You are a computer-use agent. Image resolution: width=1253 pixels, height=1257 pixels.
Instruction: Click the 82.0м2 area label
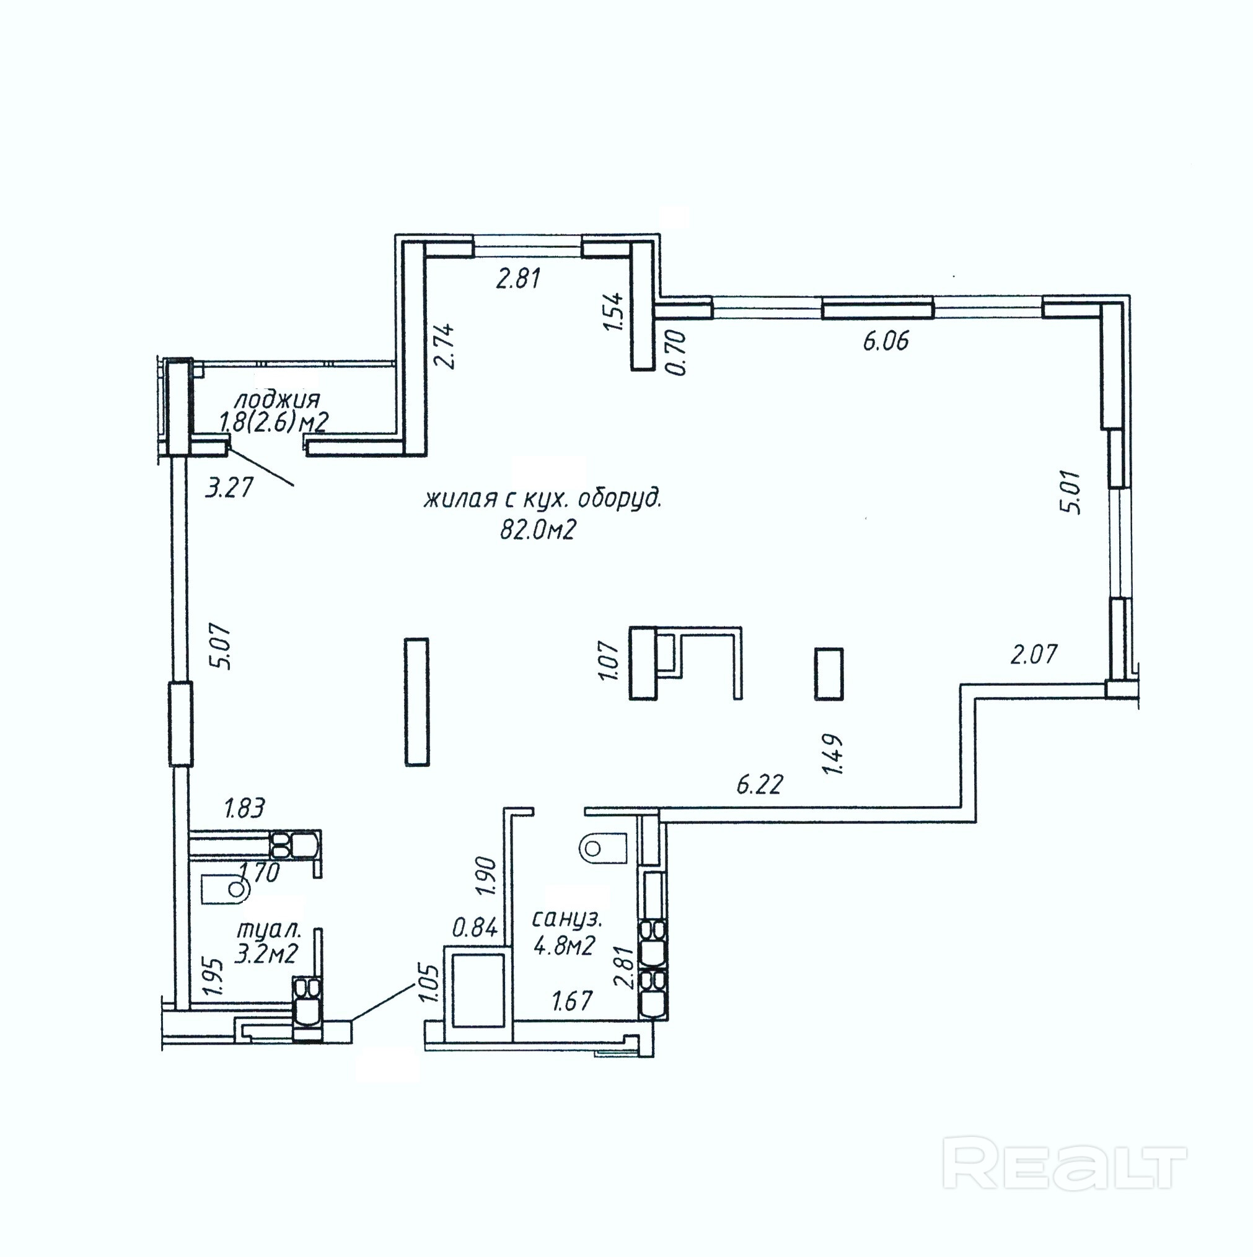coord(538,531)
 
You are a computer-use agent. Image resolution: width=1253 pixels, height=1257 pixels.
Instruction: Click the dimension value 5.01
coord(1071,492)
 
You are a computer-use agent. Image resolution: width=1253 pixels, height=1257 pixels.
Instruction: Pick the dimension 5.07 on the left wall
coord(220,647)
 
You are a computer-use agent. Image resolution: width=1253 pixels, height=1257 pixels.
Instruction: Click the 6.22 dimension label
coord(760,785)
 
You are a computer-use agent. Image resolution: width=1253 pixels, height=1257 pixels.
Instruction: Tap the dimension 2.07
coord(1034,654)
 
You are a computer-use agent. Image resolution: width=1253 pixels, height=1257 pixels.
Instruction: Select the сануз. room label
coord(568,919)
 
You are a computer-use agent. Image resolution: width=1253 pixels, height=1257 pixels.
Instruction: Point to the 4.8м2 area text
coord(565,945)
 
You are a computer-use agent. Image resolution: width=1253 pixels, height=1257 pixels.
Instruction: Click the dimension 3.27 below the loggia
coord(229,488)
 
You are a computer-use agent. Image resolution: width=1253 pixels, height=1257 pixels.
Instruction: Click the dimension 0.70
coord(676,352)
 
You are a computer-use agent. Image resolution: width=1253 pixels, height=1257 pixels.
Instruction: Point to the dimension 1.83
coord(244,808)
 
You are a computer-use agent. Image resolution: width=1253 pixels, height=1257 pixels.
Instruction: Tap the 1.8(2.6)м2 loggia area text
coord(273,423)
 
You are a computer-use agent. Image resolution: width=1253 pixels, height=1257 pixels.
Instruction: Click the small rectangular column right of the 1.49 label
coord(829,674)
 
